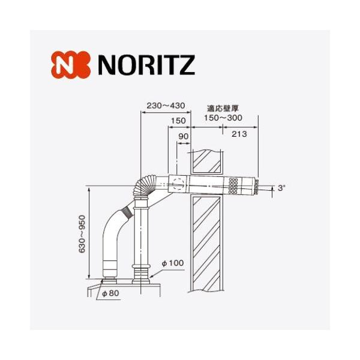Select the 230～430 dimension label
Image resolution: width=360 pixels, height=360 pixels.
click(165, 106)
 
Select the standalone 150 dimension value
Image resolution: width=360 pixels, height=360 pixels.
click(178, 121)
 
